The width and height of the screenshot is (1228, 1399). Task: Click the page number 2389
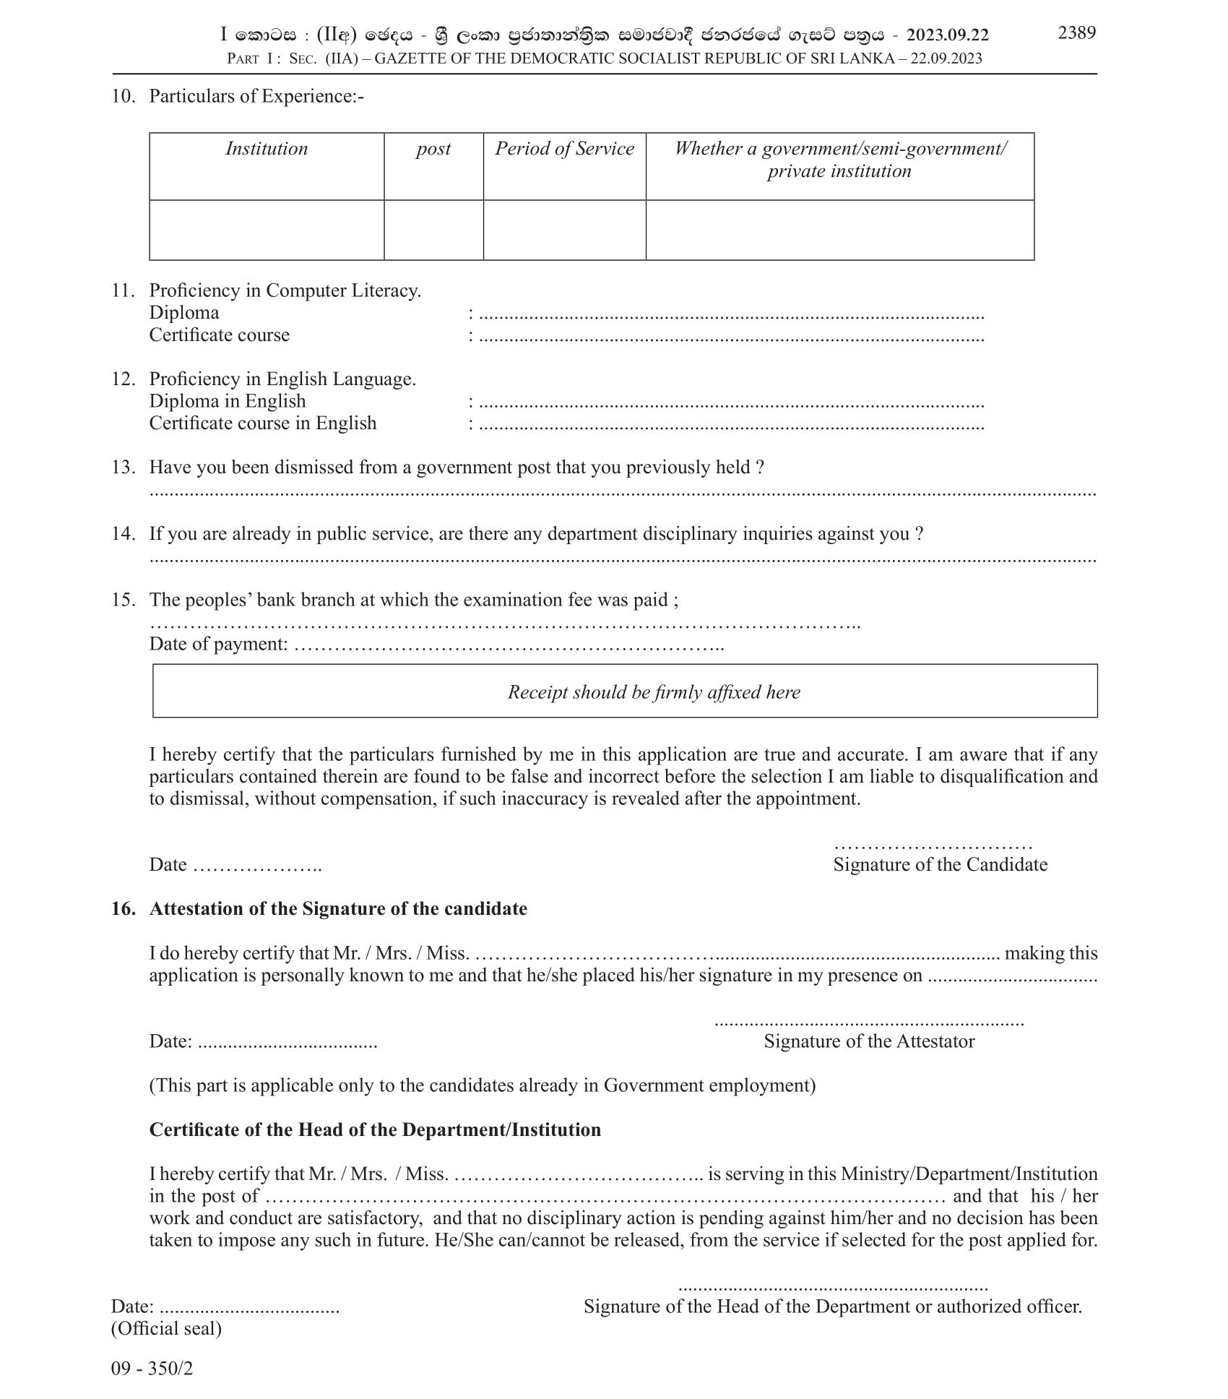tap(1076, 33)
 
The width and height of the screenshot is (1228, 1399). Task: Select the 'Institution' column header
tap(267, 149)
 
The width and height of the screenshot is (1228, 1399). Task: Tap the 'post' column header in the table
tap(433, 149)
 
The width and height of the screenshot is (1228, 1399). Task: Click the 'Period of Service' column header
tap(564, 149)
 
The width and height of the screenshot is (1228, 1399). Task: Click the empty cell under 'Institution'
tap(267, 230)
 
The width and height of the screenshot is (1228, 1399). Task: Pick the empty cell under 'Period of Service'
tap(564, 230)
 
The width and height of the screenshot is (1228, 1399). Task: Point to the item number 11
tap(123, 290)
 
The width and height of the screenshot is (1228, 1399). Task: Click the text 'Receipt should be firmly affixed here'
tap(654, 692)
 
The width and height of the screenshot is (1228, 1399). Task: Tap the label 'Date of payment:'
tap(219, 644)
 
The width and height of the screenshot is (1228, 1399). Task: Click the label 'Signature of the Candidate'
tap(940, 864)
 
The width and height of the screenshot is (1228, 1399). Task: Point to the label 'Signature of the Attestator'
tap(869, 1041)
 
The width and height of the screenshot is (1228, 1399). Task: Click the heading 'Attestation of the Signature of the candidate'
tap(338, 909)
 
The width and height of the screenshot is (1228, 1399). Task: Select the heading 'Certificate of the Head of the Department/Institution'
tap(375, 1130)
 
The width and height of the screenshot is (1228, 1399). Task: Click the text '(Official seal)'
tap(166, 1328)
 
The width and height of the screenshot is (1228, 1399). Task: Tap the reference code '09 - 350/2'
tap(152, 1368)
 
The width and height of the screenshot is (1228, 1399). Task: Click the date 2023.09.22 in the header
tap(948, 35)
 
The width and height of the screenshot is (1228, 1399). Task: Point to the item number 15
tap(123, 600)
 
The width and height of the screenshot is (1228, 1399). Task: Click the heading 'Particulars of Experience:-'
tap(256, 96)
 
